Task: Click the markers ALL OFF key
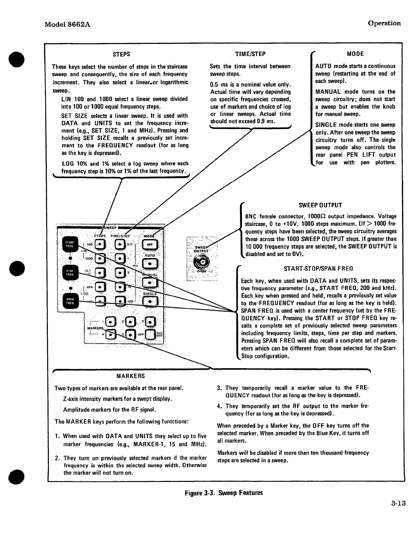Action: click(x=151, y=335)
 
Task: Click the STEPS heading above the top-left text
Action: click(x=121, y=54)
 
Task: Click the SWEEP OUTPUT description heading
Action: click(x=320, y=205)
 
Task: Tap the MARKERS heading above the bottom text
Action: click(x=131, y=376)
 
